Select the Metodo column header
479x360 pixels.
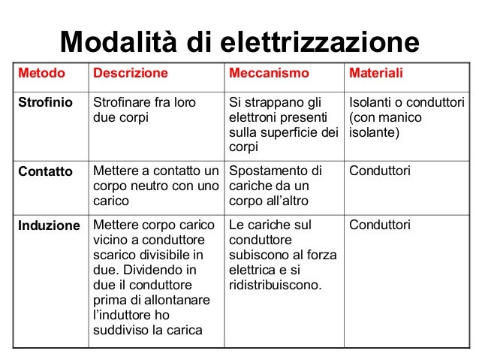(x=41, y=74)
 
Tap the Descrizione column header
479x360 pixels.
(x=130, y=74)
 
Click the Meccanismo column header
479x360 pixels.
(x=269, y=74)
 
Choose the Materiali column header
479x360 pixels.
(x=377, y=74)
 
